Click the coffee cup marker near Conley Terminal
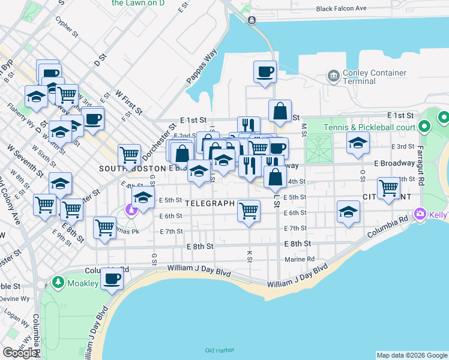(265, 73)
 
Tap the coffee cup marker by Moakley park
(112, 278)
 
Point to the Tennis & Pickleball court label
(369, 127)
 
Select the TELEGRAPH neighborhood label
(210, 203)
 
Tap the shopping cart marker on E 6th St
(249, 210)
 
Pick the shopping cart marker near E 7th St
(105, 228)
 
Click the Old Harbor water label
(218, 350)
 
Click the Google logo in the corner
(20, 352)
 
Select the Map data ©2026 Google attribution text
(412, 355)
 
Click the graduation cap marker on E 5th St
(143, 197)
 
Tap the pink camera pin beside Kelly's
(420, 214)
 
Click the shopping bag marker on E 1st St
(280, 111)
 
